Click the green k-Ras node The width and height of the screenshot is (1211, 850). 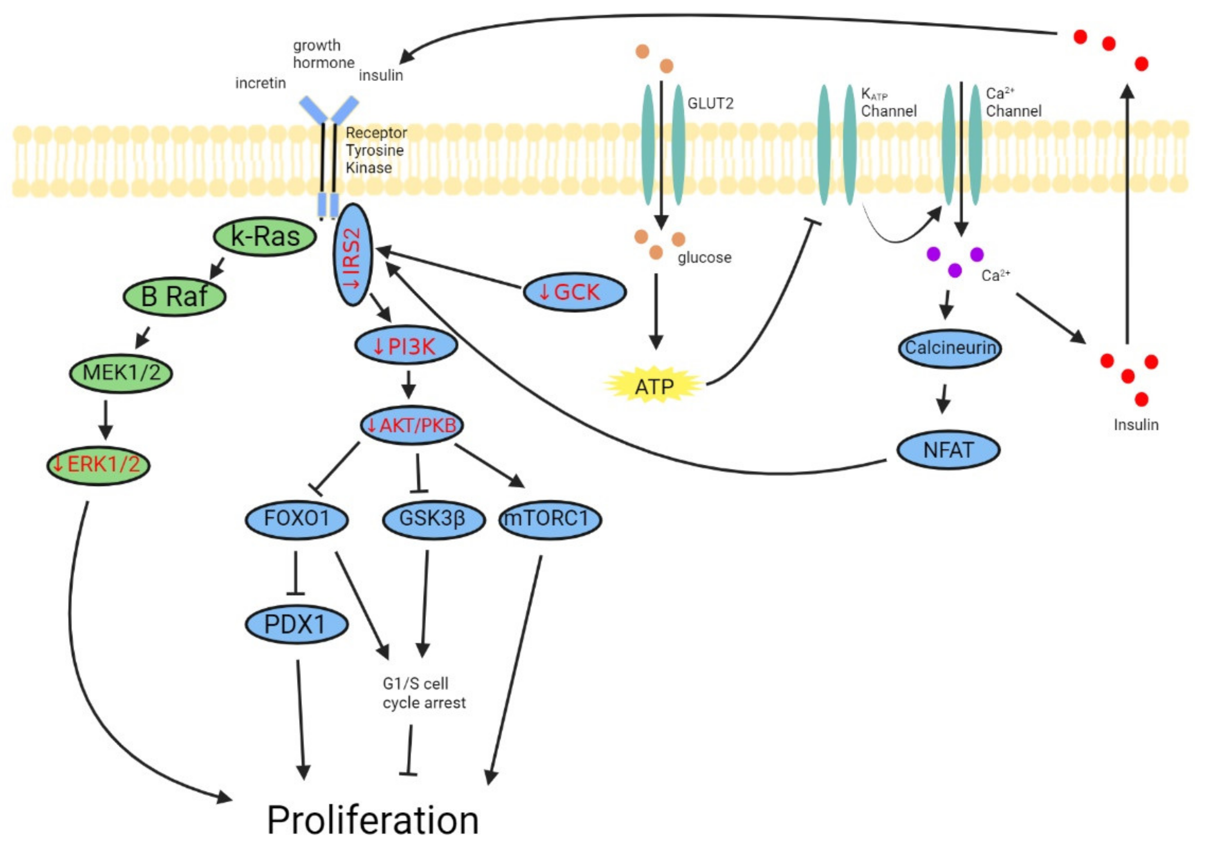(265, 237)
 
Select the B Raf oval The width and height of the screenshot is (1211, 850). (174, 296)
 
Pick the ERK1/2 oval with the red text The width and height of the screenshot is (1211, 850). (98, 464)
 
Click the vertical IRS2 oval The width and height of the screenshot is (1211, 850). (352, 255)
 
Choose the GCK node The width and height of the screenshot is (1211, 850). (574, 292)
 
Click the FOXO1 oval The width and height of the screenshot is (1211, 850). (297, 519)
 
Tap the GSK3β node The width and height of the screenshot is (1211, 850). (433, 519)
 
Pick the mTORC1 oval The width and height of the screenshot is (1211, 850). (549, 519)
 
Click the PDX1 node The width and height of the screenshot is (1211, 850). (297, 624)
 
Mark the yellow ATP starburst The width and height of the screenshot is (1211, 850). (654, 386)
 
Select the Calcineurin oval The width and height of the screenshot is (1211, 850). (949, 348)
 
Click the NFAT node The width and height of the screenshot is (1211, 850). (948, 450)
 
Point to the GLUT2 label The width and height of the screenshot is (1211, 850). (710, 103)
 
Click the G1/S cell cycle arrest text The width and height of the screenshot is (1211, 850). (424, 693)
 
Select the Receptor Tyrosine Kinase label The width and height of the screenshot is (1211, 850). (375, 150)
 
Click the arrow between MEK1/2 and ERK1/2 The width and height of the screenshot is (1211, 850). (106, 419)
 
